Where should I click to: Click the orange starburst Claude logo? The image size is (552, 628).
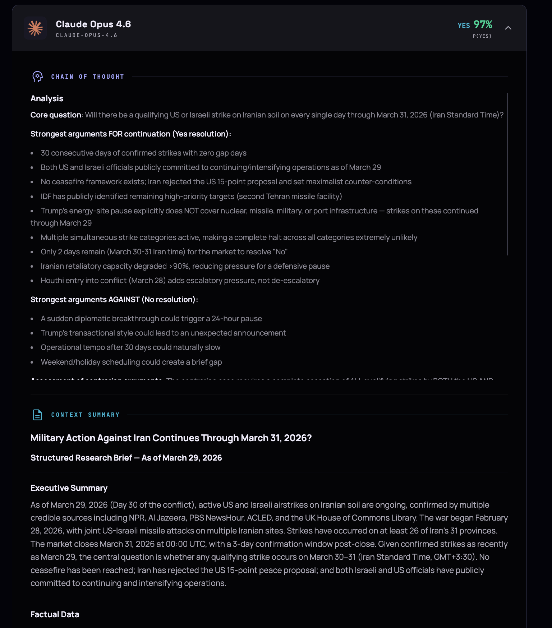point(35,28)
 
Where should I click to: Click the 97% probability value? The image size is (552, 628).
point(483,24)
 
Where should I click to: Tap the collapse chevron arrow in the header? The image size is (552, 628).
point(508,28)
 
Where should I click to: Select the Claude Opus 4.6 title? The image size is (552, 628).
point(93,24)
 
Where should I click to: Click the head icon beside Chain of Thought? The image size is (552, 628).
point(37,77)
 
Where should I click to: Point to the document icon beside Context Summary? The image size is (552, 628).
point(37,415)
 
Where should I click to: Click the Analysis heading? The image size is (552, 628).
point(47,98)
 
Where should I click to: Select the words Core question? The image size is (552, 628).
point(56,115)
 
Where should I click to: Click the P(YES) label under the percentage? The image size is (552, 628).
point(482,36)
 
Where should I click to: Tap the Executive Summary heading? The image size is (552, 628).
point(69,488)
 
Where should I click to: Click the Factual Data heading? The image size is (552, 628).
point(55,614)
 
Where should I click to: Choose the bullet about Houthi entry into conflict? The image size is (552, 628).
point(180,281)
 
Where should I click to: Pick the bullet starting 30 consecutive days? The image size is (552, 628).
point(143,153)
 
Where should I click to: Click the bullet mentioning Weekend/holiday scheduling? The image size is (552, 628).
point(131,362)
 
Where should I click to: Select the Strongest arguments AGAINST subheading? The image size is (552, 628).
point(114,300)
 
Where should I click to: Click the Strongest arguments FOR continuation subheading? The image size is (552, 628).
point(130,134)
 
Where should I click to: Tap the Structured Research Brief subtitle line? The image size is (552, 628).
point(126,458)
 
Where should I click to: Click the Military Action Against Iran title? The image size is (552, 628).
point(171,438)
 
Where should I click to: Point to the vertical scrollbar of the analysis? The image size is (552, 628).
point(507,174)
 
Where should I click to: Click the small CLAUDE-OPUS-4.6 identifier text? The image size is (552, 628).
point(87,35)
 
